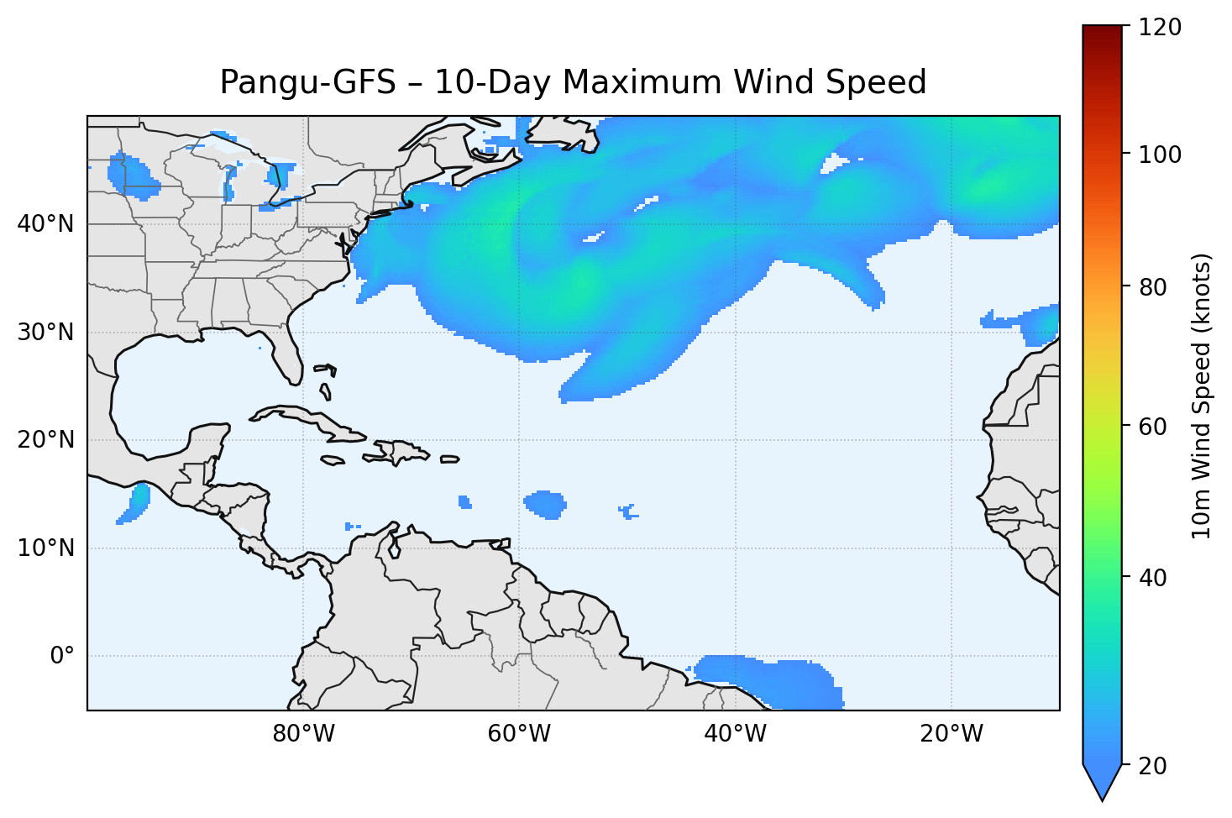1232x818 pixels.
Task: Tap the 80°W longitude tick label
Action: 303,734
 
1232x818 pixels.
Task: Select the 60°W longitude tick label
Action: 519,734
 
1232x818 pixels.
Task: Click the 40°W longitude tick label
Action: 735,734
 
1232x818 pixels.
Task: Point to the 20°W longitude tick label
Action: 951,734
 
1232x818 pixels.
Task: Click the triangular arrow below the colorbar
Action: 1103,781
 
